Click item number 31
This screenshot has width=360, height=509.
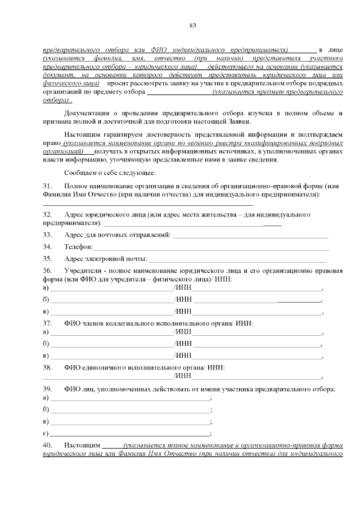click(x=48, y=186)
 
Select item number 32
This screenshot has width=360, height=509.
click(x=48, y=215)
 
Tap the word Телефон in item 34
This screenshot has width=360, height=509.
click(x=78, y=246)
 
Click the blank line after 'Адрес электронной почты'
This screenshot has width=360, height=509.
click(x=237, y=259)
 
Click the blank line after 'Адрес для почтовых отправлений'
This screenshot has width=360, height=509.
click(x=250, y=235)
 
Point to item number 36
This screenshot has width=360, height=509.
click(x=48, y=271)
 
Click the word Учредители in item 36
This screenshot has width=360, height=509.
click(x=83, y=271)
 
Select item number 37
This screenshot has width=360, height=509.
click(x=48, y=323)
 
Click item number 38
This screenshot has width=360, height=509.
click(x=48, y=367)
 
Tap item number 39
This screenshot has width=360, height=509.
click(x=48, y=389)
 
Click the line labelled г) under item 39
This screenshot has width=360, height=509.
click(x=130, y=433)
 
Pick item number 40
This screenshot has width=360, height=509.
click(x=48, y=445)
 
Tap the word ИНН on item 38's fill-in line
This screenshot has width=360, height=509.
click(x=183, y=376)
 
